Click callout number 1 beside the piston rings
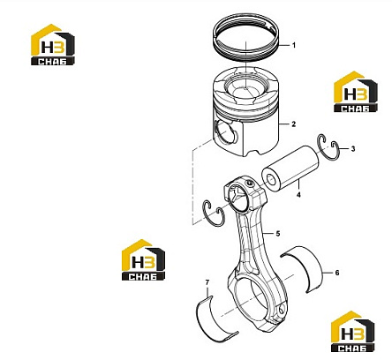(293, 45)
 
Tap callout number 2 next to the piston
(293, 124)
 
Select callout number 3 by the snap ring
(353, 149)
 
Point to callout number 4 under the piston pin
(298, 195)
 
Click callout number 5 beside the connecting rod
(278, 234)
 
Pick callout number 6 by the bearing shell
(337, 273)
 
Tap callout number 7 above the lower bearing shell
(207, 282)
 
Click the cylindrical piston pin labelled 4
(290, 169)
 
